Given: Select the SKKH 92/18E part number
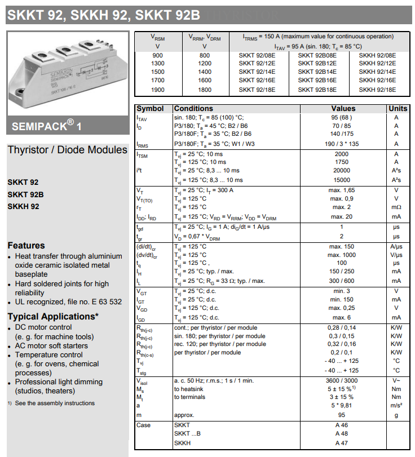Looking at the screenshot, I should (x=377, y=90).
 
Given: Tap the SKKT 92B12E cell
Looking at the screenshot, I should (x=317, y=64).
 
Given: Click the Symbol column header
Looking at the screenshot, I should (x=150, y=108).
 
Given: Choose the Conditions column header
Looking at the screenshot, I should (x=193, y=108).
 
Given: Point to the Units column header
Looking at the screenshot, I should (x=398, y=108).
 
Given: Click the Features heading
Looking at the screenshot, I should (x=26, y=246).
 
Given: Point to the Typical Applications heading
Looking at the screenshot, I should (x=53, y=316).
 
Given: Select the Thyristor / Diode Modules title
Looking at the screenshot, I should (x=68, y=150).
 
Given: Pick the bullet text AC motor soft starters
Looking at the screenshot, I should (x=51, y=345).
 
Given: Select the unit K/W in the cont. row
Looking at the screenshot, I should (x=396, y=328).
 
